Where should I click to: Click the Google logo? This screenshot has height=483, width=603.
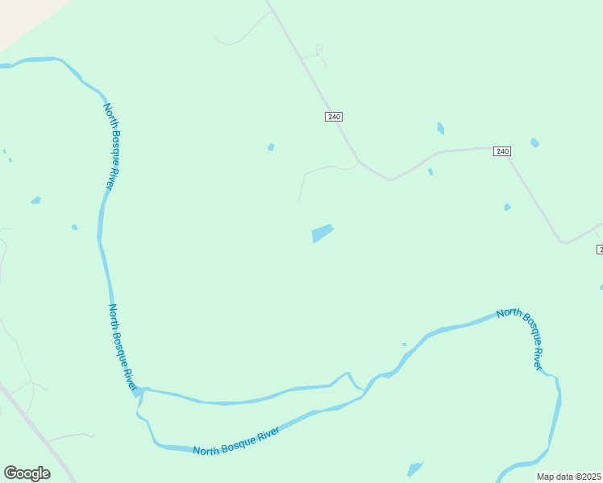coord(27,473)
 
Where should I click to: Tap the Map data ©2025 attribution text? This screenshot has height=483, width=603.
coord(569,477)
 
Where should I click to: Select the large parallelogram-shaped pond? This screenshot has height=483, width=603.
coord(322,233)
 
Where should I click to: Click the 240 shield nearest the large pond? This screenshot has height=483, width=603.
coord(334,117)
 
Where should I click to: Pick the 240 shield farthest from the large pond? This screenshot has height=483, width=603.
coord(502,151)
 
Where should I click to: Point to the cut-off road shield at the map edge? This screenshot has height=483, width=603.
coord(600,250)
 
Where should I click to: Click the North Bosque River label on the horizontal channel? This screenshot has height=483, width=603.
coord(236,442)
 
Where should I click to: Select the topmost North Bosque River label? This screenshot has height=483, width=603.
coord(112,146)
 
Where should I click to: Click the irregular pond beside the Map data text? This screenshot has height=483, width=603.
coord(414,469)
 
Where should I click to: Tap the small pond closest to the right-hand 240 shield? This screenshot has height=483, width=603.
coord(534,142)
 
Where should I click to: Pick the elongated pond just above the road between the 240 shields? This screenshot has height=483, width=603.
coord(440,128)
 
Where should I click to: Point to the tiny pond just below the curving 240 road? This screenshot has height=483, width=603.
coord(430,171)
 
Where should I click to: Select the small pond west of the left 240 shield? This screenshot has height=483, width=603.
coord(271,147)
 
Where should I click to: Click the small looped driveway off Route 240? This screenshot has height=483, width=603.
coord(318,50)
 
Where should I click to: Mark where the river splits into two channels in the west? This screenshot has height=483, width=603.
coord(139,392)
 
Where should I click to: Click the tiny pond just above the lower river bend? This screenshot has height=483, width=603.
coord(404,345)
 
